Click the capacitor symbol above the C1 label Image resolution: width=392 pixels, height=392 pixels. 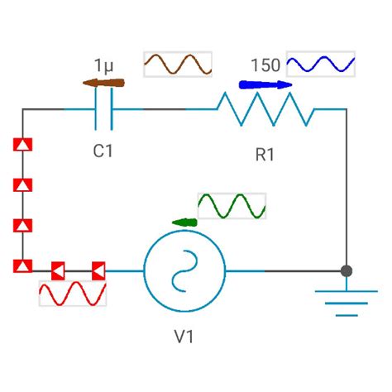[104, 109]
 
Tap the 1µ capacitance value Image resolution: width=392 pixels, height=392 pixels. [103, 65]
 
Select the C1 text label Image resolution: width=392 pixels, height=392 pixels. [104, 151]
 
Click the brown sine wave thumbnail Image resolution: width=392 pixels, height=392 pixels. [178, 65]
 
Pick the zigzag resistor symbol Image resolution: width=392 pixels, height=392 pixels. [265, 109]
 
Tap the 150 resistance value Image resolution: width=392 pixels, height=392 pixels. [265, 65]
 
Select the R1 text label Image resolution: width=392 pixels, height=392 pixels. [265, 155]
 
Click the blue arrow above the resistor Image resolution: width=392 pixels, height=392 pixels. [265, 84]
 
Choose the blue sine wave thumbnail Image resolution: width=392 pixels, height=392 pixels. [321, 65]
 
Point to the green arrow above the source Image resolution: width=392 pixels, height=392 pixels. [185, 222]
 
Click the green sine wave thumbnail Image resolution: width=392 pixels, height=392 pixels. [232, 206]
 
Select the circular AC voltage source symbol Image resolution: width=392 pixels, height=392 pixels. [184, 270]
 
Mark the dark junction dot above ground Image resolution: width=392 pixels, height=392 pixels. [347, 270]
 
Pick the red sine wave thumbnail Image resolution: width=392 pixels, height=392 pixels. [73, 294]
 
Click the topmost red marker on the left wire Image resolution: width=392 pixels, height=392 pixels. [23, 146]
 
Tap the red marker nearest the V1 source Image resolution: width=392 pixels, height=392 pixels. [98, 270]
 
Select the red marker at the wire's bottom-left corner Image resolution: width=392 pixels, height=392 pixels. [23, 265]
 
